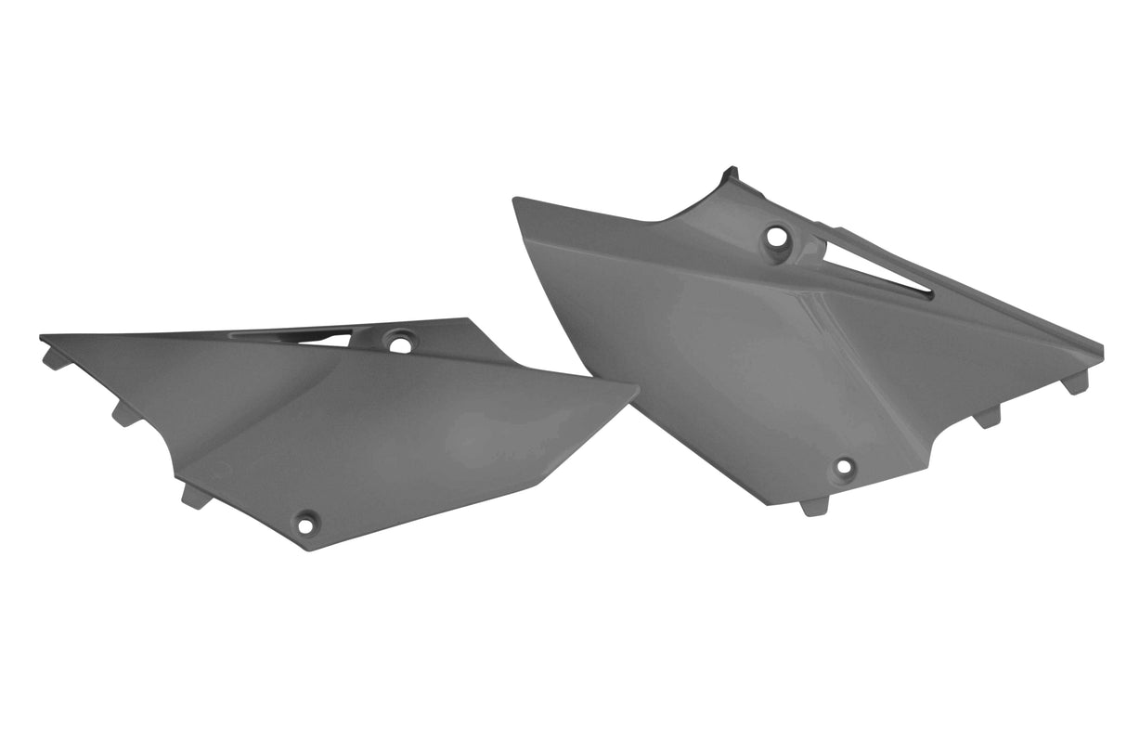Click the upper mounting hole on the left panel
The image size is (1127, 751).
[400, 344]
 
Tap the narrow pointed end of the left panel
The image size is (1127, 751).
[44, 336]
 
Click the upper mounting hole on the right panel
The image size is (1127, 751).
[776, 237]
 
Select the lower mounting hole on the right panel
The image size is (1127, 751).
[843, 466]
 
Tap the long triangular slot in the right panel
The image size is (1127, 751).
[877, 269]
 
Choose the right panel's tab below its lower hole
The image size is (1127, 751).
[814, 506]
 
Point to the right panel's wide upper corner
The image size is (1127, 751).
[515, 200]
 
